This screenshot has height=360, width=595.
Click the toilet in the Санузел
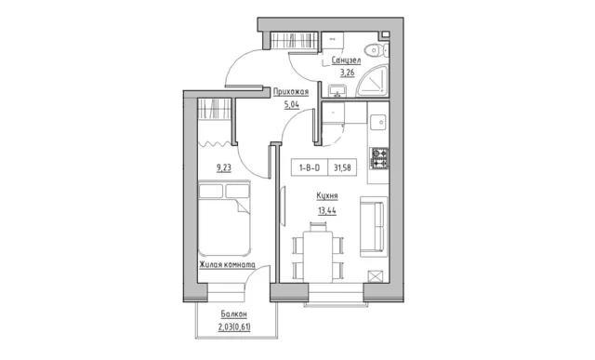377,50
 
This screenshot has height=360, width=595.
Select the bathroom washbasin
337,91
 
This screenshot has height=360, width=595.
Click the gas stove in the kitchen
379,158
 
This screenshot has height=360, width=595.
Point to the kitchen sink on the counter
379,122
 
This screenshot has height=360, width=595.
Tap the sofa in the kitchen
374,227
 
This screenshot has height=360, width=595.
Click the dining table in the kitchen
318,256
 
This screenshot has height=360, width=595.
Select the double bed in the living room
224,218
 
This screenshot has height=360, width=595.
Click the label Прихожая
291,92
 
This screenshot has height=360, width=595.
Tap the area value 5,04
292,104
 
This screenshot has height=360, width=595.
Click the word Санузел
346,60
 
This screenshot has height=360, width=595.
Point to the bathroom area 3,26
347,73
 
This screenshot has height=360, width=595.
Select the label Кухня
327,196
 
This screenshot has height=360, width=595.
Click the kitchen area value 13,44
327,210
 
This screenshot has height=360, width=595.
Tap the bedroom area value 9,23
224,167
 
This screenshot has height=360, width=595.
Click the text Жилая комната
227,265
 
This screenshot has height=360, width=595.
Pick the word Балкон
233,314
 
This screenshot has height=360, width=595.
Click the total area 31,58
342,167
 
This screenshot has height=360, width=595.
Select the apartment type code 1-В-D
310,167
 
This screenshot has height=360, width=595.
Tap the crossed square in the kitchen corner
376,276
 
